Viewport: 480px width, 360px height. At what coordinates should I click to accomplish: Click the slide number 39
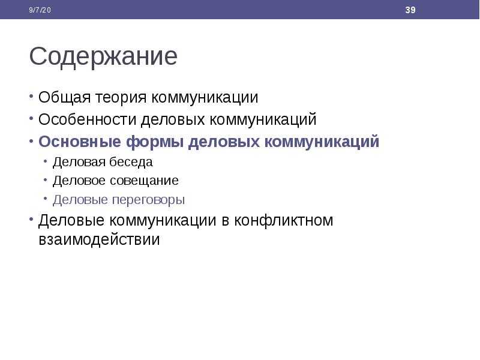click(x=410, y=10)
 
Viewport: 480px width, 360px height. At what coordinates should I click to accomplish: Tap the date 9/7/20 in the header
click(x=40, y=10)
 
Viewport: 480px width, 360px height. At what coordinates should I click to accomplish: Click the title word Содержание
click(x=103, y=56)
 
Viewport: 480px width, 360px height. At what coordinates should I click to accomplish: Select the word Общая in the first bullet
click(x=65, y=98)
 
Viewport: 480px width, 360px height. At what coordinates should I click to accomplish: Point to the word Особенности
click(x=87, y=119)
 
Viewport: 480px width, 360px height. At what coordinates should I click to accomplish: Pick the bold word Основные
click(x=80, y=142)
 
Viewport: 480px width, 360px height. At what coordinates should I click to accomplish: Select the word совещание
click(x=144, y=181)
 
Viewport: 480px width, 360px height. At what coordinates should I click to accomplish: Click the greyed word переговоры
click(x=148, y=200)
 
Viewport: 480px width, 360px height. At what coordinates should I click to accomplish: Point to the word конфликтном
click(x=283, y=220)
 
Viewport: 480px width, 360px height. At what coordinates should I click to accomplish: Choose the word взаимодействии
click(x=99, y=239)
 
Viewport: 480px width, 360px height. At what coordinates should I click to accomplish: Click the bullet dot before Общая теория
click(x=31, y=96)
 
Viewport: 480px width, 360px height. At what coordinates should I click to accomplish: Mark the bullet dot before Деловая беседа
click(x=46, y=161)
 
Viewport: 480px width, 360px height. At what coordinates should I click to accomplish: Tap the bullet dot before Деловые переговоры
click(x=46, y=199)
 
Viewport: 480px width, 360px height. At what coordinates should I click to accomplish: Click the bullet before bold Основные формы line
click(x=31, y=141)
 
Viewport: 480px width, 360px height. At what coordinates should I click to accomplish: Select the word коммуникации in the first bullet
click(x=205, y=98)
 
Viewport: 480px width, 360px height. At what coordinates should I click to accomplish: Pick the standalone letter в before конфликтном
click(x=226, y=221)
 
